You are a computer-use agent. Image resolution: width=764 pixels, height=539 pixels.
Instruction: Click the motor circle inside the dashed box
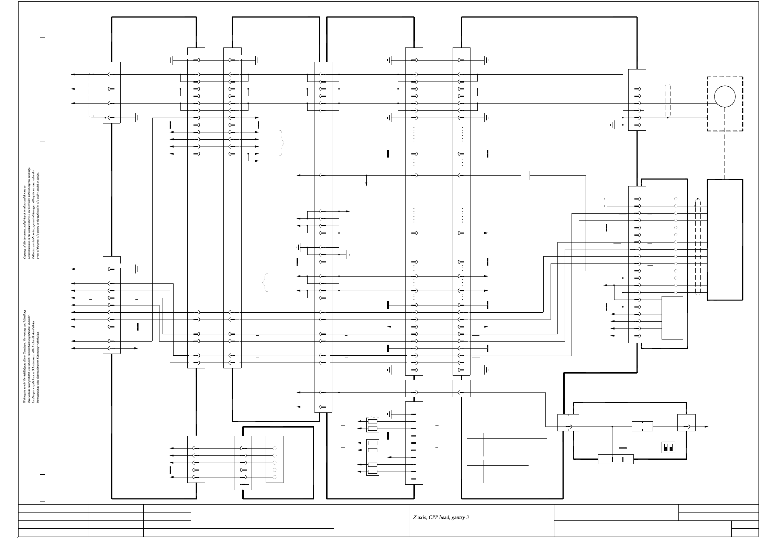725,96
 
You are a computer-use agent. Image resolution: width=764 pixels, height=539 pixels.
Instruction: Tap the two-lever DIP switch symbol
668,447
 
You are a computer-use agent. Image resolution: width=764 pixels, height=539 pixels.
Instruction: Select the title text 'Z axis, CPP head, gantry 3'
441,517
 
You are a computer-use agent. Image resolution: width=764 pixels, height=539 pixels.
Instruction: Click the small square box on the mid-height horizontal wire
525,175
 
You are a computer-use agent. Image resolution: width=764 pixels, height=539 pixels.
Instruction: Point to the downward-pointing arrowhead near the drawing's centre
366,184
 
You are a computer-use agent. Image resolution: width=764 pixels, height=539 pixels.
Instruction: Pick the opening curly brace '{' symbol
265,283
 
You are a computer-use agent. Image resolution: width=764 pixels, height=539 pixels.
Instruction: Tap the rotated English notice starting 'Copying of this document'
31,213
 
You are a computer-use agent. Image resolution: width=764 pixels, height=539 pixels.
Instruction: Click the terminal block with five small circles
275,463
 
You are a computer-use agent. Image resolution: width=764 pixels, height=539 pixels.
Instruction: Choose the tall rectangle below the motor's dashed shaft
725,239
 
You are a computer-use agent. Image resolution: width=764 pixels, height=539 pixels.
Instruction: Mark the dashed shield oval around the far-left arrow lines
91,96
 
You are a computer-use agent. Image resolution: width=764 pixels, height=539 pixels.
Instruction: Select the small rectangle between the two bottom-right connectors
642,427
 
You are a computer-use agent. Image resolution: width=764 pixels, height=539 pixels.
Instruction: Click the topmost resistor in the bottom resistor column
373,421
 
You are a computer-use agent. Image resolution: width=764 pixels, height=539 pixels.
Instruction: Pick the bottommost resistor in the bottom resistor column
373,472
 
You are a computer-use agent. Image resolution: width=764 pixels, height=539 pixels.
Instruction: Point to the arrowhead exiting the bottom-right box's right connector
707,427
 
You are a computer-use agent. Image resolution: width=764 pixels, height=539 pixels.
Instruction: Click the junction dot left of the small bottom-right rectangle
612,427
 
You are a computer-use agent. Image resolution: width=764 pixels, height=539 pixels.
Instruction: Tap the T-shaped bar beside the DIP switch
623,449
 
